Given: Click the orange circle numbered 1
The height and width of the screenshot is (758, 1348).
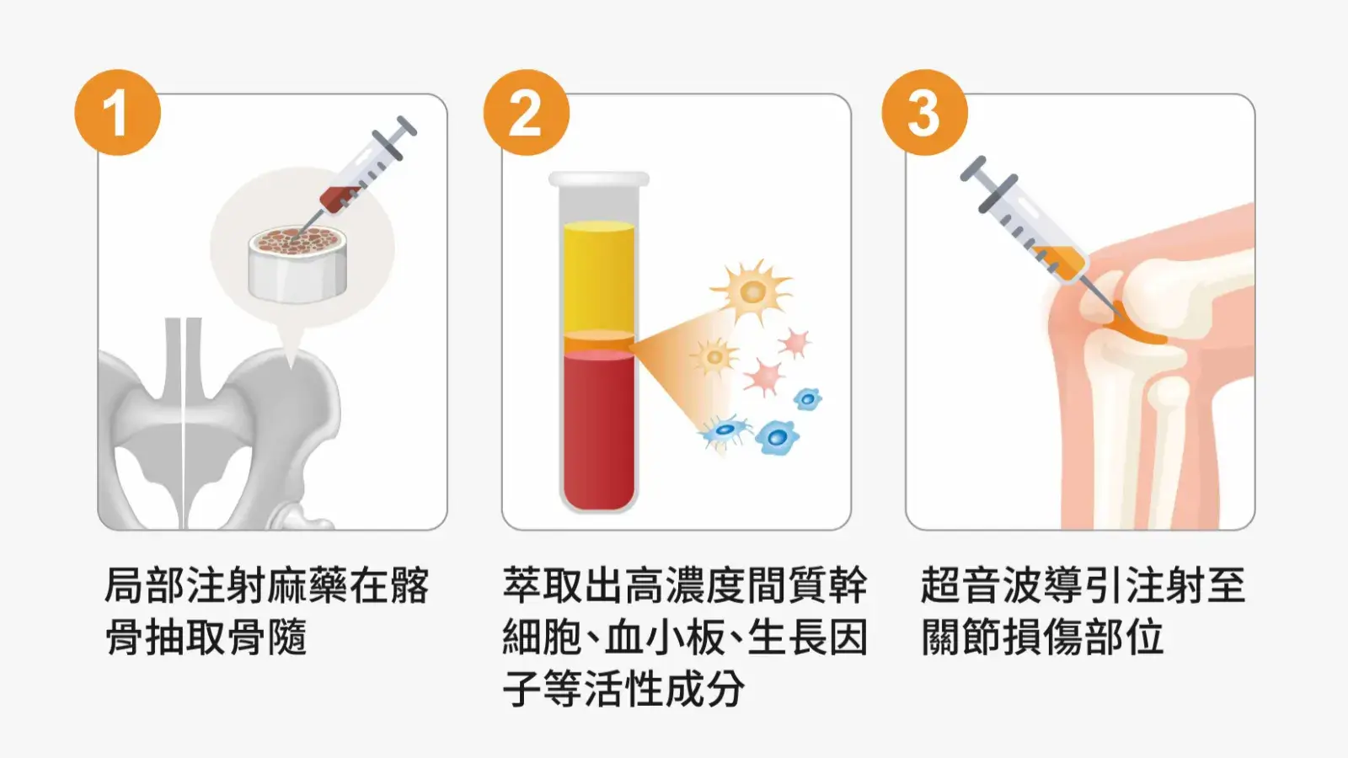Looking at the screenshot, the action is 118,113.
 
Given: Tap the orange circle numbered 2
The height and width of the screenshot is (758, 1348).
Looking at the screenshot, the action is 527,113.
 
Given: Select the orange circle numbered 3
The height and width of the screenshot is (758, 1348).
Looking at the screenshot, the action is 925,113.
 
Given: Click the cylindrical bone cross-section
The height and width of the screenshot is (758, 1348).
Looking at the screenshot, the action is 297,264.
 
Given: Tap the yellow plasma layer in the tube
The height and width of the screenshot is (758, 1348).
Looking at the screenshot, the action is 599,277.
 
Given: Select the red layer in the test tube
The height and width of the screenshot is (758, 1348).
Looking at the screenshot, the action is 599,430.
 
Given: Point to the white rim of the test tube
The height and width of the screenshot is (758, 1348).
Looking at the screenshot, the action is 599,179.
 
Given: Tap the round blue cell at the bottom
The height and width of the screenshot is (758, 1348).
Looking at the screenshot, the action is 777,437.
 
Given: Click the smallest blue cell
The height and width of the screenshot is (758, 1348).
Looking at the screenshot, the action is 808,399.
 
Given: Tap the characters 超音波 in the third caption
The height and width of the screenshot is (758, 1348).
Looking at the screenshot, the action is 981,585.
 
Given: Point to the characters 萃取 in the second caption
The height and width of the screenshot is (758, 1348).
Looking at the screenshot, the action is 543,585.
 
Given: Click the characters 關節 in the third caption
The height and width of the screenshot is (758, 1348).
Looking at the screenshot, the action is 960,637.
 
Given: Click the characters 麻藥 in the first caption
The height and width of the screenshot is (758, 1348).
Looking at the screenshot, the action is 307,585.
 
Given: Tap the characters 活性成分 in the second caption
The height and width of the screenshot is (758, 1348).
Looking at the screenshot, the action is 665,687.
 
